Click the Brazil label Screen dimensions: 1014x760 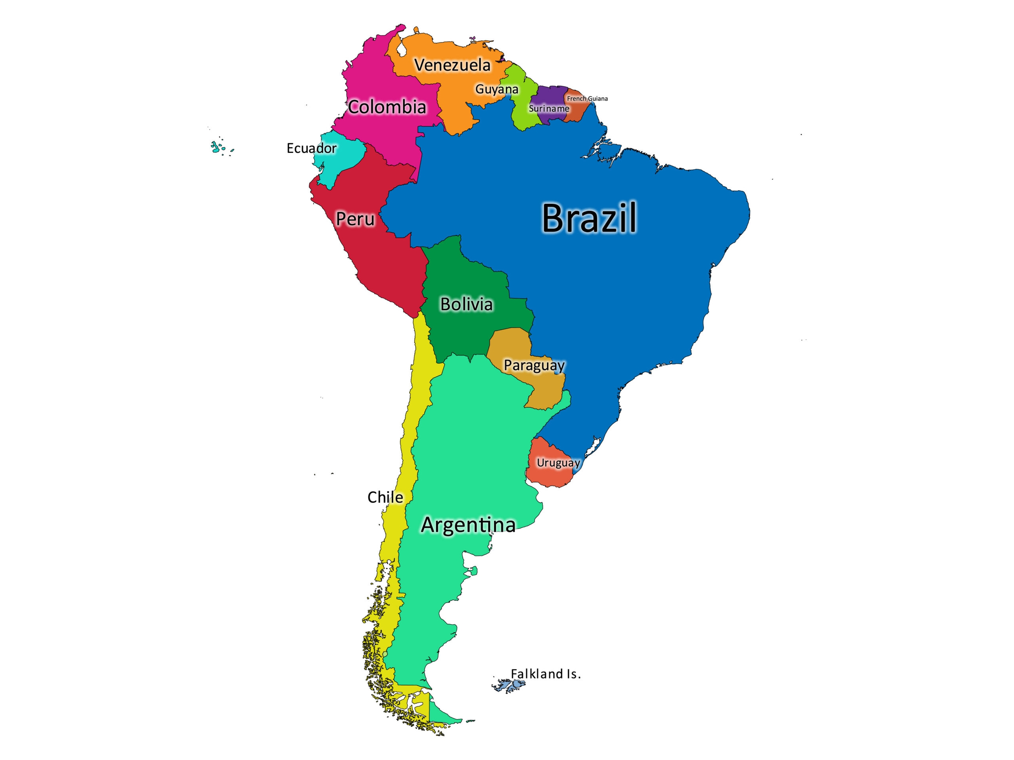point(589,218)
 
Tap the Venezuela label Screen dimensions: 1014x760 point(452,65)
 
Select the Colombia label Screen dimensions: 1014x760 point(387,107)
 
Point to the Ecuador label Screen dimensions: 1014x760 point(311,148)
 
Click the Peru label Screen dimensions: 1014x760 point(355,219)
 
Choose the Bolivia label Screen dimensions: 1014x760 point(466,304)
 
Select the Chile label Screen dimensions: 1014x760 point(385,498)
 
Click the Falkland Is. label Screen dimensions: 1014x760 point(545,674)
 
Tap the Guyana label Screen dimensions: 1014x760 point(496,89)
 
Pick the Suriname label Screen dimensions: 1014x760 point(549,109)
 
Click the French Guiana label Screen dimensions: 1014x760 point(587,99)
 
